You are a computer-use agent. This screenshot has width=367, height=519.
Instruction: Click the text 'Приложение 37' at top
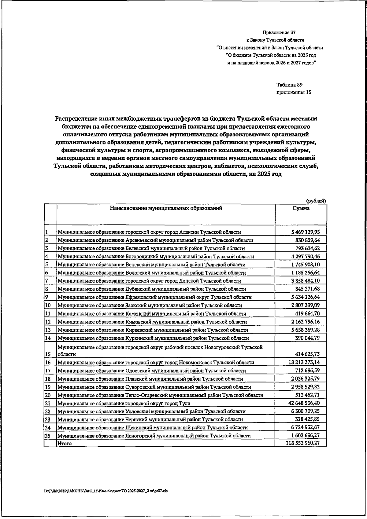coord(279,32)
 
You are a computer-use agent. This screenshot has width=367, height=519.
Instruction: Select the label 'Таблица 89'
coord(289,85)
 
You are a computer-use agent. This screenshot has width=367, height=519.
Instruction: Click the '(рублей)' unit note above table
coord(316,201)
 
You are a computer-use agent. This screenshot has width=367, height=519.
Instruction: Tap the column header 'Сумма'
coord(301,208)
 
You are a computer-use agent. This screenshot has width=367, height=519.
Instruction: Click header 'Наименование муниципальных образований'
coord(166,208)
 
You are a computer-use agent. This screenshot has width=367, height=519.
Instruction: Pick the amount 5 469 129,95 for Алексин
coord(305,232)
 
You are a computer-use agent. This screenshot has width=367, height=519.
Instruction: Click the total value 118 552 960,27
coord(302,443)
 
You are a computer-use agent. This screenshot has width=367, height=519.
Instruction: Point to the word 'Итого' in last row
coord(65,443)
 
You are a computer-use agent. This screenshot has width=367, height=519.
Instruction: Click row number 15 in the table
coord(48,354)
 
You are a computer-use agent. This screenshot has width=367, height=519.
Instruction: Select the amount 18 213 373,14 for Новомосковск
coord(303,362)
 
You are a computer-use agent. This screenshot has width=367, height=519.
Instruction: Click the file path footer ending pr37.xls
coord(106,491)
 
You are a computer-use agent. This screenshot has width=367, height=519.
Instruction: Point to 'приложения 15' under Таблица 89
coord(294,92)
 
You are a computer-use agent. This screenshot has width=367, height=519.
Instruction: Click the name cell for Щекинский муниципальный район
coord(152,428)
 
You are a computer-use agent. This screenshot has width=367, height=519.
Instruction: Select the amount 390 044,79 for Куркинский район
coord(307,338)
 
